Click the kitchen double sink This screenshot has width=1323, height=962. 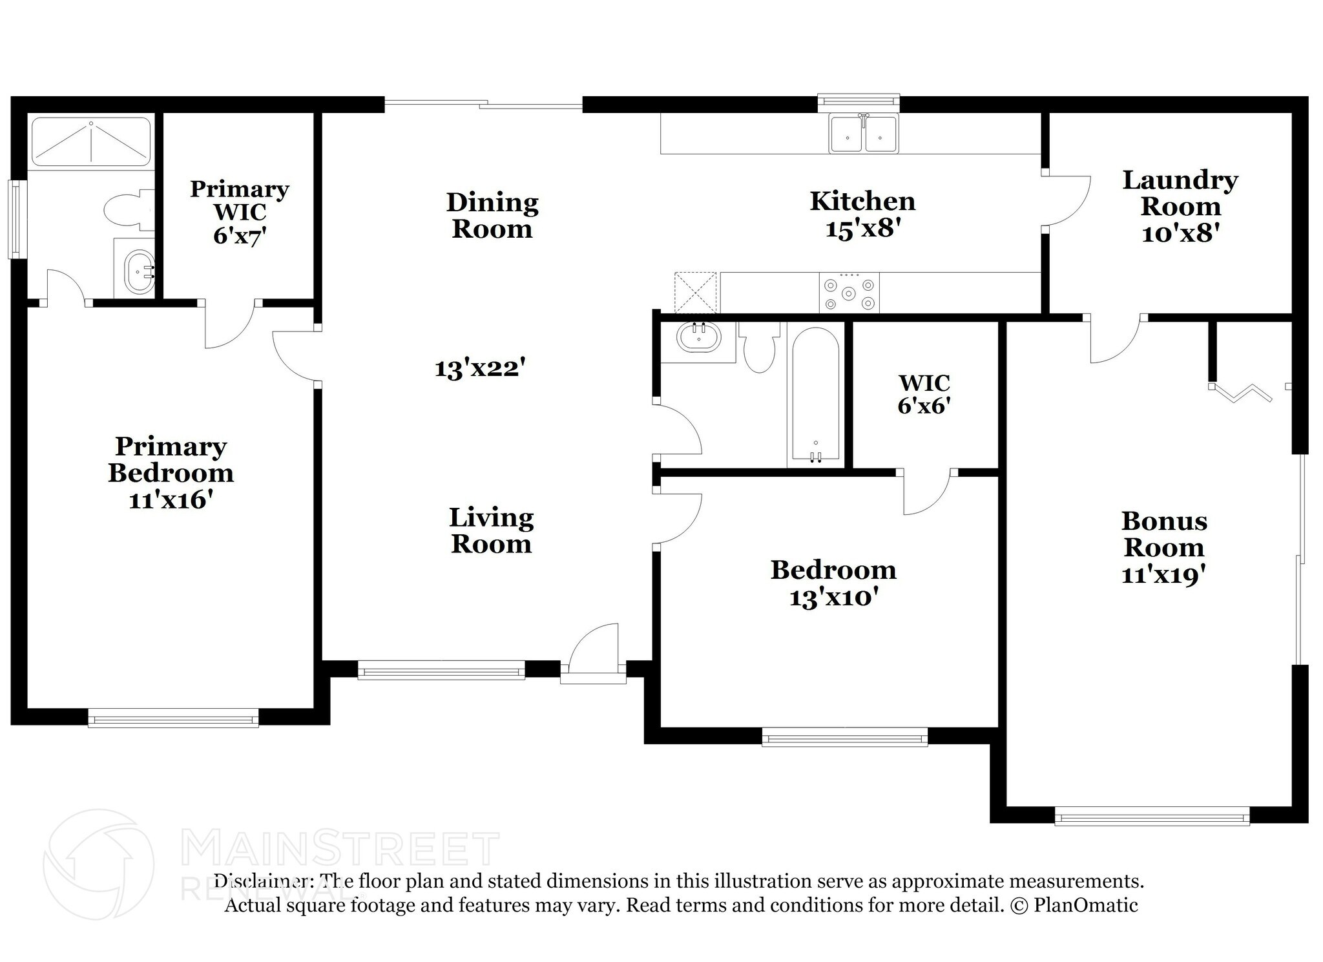tap(864, 134)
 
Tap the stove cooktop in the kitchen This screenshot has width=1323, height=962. tap(849, 293)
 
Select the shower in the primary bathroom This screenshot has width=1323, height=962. tap(91, 141)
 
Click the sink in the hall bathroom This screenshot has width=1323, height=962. tap(698, 337)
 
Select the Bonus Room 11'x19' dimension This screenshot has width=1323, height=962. tap(1163, 574)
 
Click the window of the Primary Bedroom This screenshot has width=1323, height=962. tap(173, 718)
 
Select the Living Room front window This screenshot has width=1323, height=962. tap(441, 670)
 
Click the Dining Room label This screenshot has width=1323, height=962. tap(492, 215)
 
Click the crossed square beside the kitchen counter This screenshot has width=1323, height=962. tap(696, 293)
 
